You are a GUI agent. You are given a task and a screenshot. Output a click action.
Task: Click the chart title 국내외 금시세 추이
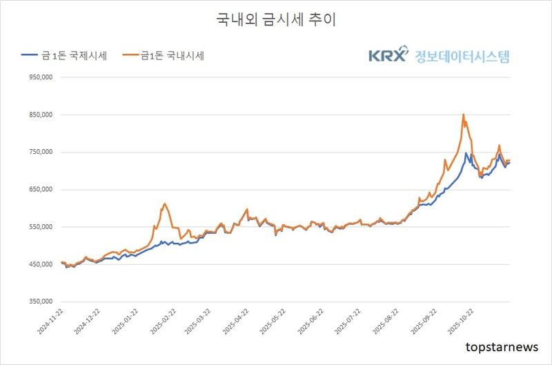(x=276, y=20)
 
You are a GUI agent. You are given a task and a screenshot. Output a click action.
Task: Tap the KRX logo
(x=388, y=56)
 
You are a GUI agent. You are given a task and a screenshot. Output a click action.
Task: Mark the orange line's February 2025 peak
(x=165, y=204)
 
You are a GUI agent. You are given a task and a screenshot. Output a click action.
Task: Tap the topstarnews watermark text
(x=502, y=347)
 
